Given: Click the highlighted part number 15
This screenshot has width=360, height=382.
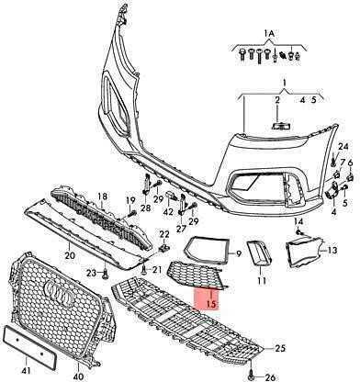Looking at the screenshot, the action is click(x=211, y=304).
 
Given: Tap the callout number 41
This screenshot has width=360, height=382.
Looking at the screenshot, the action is click(x=27, y=371).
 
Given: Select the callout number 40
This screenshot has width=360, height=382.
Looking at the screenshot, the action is click(x=78, y=376).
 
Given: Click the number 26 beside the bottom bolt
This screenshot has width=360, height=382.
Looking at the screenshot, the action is click(x=269, y=377).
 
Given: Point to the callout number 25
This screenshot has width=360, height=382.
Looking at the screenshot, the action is click(x=280, y=348).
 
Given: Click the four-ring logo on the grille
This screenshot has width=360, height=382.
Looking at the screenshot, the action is click(x=58, y=293).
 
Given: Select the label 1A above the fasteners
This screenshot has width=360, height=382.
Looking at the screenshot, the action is click(x=269, y=34).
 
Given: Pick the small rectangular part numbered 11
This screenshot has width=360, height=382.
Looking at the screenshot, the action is click(x=259, y=253).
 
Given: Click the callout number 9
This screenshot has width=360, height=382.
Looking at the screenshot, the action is click(x=239, y=253).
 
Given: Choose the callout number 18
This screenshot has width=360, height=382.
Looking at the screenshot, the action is click(x=102, y=196).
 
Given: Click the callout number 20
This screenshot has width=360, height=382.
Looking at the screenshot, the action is click(x=70, y=254).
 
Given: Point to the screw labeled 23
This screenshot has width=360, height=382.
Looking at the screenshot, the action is click(x=105, y=274).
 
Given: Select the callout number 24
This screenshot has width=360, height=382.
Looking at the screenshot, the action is click(x=343, y=147).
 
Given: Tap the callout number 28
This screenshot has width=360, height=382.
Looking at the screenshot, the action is click(x=146, y=208).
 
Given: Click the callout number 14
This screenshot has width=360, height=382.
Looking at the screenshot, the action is click(x=298, y=221).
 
